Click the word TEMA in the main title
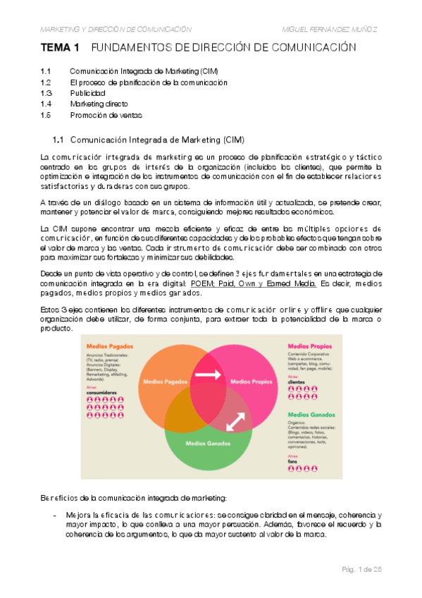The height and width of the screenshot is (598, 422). tap(54, 48)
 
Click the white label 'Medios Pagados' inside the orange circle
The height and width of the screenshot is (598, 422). tap(164, 382)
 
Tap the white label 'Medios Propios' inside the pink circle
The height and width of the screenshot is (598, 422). tap(252, 382)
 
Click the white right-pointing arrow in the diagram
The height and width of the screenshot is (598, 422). tap(208, 376)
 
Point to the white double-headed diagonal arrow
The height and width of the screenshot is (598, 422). tap(236, 420)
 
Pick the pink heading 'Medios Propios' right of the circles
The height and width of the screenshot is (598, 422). tap(309, 346)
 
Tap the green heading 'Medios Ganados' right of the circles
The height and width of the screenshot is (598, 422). tap(311, 415)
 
